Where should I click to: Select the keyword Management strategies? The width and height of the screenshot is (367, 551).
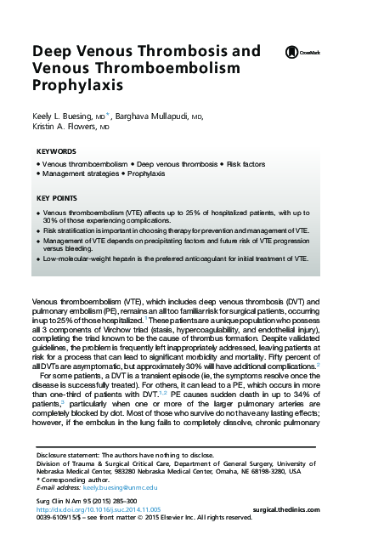pyautogui.click(x=81, y=173)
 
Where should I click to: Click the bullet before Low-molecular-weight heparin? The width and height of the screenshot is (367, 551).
pyautogui.click(x=39, y=258)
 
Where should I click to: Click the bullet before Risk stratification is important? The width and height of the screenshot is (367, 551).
pyautogui.click(x=39, y=230)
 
